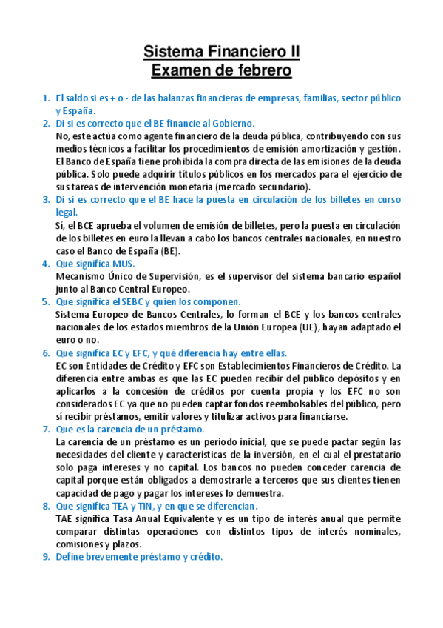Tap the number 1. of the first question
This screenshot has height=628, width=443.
click(45, 98)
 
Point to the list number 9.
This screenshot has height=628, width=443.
click(45, 557)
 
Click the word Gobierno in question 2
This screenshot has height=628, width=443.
click(230, 123)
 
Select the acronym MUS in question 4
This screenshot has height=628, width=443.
click(124, 264)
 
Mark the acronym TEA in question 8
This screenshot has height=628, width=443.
click(124, 506)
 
